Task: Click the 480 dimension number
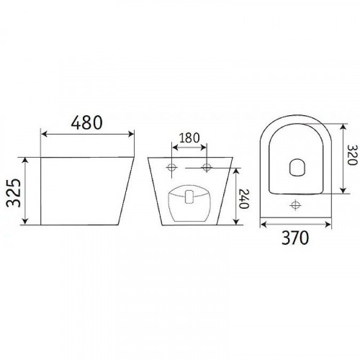(87, 122)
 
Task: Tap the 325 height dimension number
(14, 193)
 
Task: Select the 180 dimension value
(189, 138)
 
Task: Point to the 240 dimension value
(245, 199)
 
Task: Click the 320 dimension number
(352, 155)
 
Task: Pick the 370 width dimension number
(295, 238)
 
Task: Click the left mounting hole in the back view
(172, 167)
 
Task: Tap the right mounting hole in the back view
(207, 167)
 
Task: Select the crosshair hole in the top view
(295, 205)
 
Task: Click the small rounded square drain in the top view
(297, 167)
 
